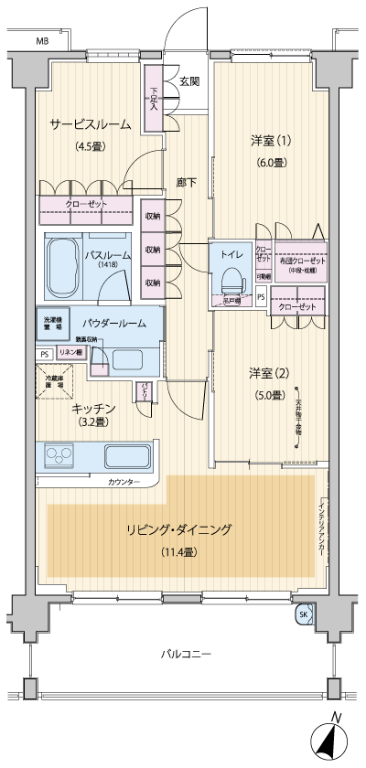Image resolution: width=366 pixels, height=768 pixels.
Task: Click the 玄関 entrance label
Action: (x=189, y=80)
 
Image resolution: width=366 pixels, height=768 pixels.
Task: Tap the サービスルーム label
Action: (x=90, y=125)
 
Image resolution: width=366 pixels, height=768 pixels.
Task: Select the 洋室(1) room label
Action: (x=271, y=141)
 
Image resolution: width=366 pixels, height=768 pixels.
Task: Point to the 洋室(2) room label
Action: (x=270, y=373)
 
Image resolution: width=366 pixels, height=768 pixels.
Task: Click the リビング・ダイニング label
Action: (x=178, y=529)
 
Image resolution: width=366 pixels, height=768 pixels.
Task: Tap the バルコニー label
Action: (x=187, y=655)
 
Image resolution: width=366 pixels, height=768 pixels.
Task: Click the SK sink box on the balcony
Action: (x=303, y=615)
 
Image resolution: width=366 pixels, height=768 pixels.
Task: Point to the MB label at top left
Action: (x=42, y=42)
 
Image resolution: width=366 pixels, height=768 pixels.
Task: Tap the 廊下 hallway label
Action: (x=187, y=182)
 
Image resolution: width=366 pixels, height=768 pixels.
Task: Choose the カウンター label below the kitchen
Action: (x=124, y=481)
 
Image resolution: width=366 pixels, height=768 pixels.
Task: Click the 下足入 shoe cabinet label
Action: (x=154, y=98)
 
